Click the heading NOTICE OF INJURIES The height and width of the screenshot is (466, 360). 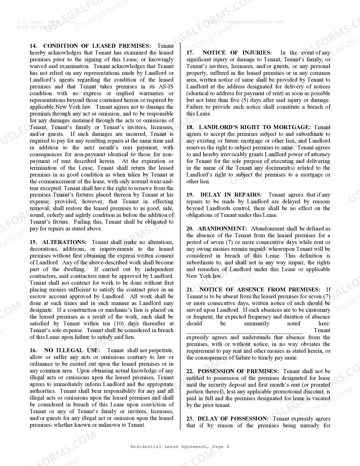click(237, 53)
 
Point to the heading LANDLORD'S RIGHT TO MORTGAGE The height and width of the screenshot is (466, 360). click(254, 127)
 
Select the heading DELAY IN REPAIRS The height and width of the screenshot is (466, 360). click(231, 195)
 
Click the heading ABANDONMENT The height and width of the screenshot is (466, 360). click(222, 228)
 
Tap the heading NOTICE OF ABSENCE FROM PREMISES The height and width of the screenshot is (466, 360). click(260, 289)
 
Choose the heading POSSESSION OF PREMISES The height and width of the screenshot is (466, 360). click(238, 371)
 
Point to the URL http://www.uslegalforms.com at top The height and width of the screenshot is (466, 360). click(245, 22)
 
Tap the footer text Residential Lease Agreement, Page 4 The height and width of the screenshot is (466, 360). click(180, 447)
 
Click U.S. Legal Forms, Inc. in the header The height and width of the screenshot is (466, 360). click(48, 22)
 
